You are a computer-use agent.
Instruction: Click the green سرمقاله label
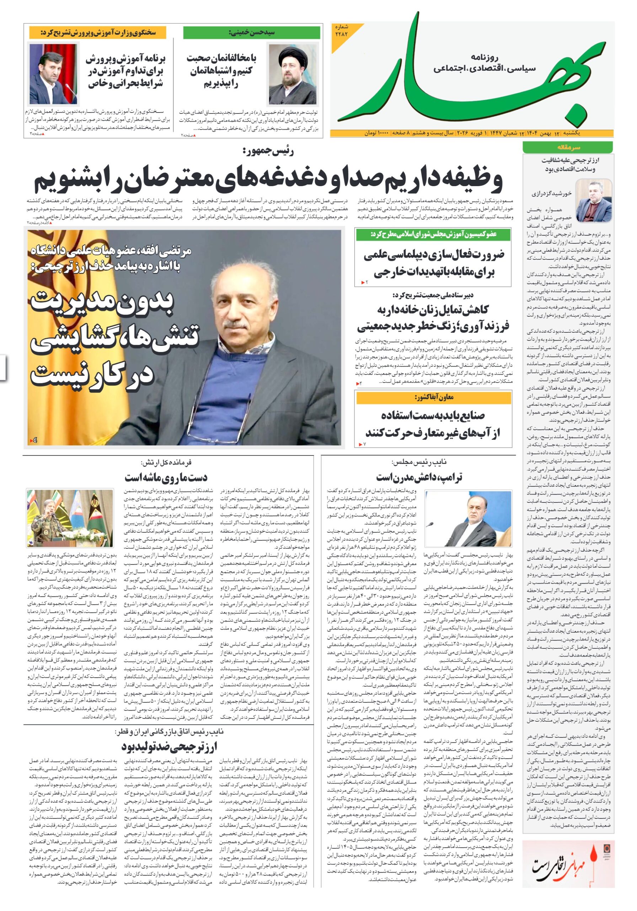pyautogui.click(x=567, y=147)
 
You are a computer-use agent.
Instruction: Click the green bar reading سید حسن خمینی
pyautogui.click(x=252, y=32)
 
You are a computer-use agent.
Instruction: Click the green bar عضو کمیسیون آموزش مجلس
pyautogui.click(x=433, y=235)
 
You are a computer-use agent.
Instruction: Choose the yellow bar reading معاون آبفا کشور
pyautogui.click(x=433, y=397)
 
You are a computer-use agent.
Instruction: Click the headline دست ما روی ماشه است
pyautogui.click(x=166, y=476)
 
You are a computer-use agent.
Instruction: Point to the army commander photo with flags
pyautogui.click(x=70, y=518)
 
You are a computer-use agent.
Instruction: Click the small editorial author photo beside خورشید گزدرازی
pyautogui.click(x=593, y=200)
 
